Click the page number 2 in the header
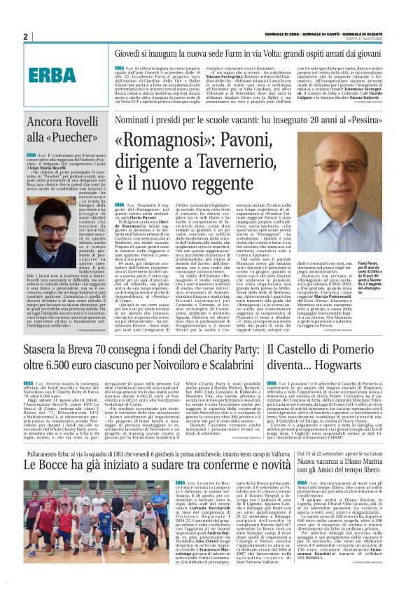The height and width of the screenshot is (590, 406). (24, 36)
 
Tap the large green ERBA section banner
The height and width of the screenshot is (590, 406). (52, 74)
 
